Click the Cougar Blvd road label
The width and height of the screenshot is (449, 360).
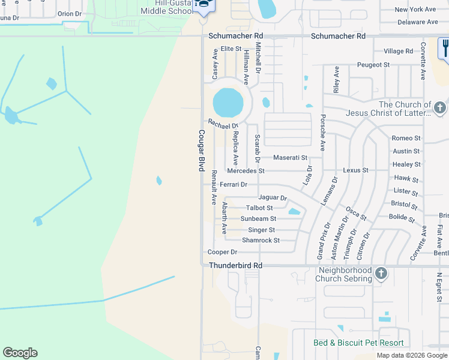point(202,151)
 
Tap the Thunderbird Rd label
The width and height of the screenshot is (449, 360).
point(235,265)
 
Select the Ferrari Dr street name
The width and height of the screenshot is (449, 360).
point(234,185)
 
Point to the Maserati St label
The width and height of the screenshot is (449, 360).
point(290,158)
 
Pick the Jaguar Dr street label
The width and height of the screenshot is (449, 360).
point(273,197)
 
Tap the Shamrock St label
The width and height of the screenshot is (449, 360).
point(261,241)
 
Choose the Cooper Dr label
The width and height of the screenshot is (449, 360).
point(222,253)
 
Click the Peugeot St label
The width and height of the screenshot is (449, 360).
point(373,64)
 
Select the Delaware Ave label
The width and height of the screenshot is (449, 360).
point(417,22)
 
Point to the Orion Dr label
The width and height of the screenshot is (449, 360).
point(69,14)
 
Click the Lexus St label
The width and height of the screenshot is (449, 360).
point(355,170)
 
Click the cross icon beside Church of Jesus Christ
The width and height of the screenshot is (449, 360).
point(439,108)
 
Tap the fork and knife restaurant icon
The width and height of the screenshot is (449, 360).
point(445,47)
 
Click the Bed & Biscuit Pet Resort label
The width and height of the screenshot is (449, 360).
point(358,343)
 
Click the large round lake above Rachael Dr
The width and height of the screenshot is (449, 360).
point(228,103)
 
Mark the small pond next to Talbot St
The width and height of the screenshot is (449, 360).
point(294,211)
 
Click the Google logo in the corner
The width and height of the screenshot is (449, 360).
point(20,353)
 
